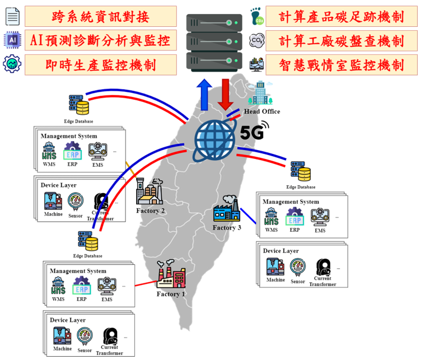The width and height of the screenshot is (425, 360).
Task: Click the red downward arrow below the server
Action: (x=226, y=93)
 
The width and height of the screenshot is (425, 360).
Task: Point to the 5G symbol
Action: (x=254, y=132)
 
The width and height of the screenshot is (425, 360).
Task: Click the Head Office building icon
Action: (x=260, y=93)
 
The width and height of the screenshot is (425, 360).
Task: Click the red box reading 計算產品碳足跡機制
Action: (x=342, y=17)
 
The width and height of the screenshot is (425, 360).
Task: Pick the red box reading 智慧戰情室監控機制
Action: (x=342, y=65)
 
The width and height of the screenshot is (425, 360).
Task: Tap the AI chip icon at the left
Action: (x=11, y=40)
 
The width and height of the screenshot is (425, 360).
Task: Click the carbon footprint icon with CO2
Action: (x=257, y=17)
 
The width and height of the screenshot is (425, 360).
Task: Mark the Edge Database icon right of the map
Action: (x=301, y=172)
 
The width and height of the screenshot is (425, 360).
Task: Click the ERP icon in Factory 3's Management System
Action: (x=295, y=217)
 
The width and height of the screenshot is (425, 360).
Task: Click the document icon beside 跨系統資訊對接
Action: (x=11, y=16)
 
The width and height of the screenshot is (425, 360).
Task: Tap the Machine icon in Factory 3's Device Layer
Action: (x=275, y=267)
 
